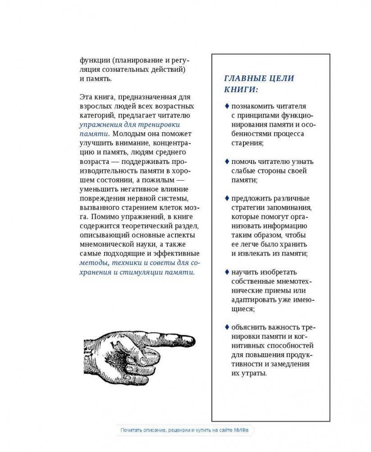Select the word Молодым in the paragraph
pyautogui.click(x=127, y=134)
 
